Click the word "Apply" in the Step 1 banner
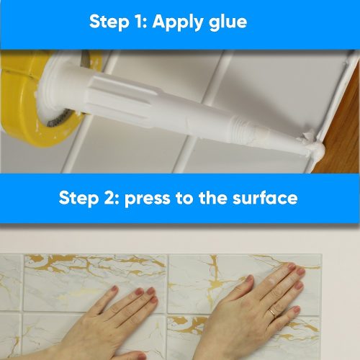179,23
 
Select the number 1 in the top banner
138,22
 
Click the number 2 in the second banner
111,198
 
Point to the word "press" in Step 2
147,199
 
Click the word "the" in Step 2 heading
212,197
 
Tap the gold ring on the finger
272,313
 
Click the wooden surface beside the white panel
341,135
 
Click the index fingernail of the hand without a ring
151,291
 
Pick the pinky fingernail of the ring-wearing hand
297,310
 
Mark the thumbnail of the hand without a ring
114,289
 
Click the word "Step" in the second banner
78,199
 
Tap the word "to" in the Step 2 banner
184,198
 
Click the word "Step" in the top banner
109,23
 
